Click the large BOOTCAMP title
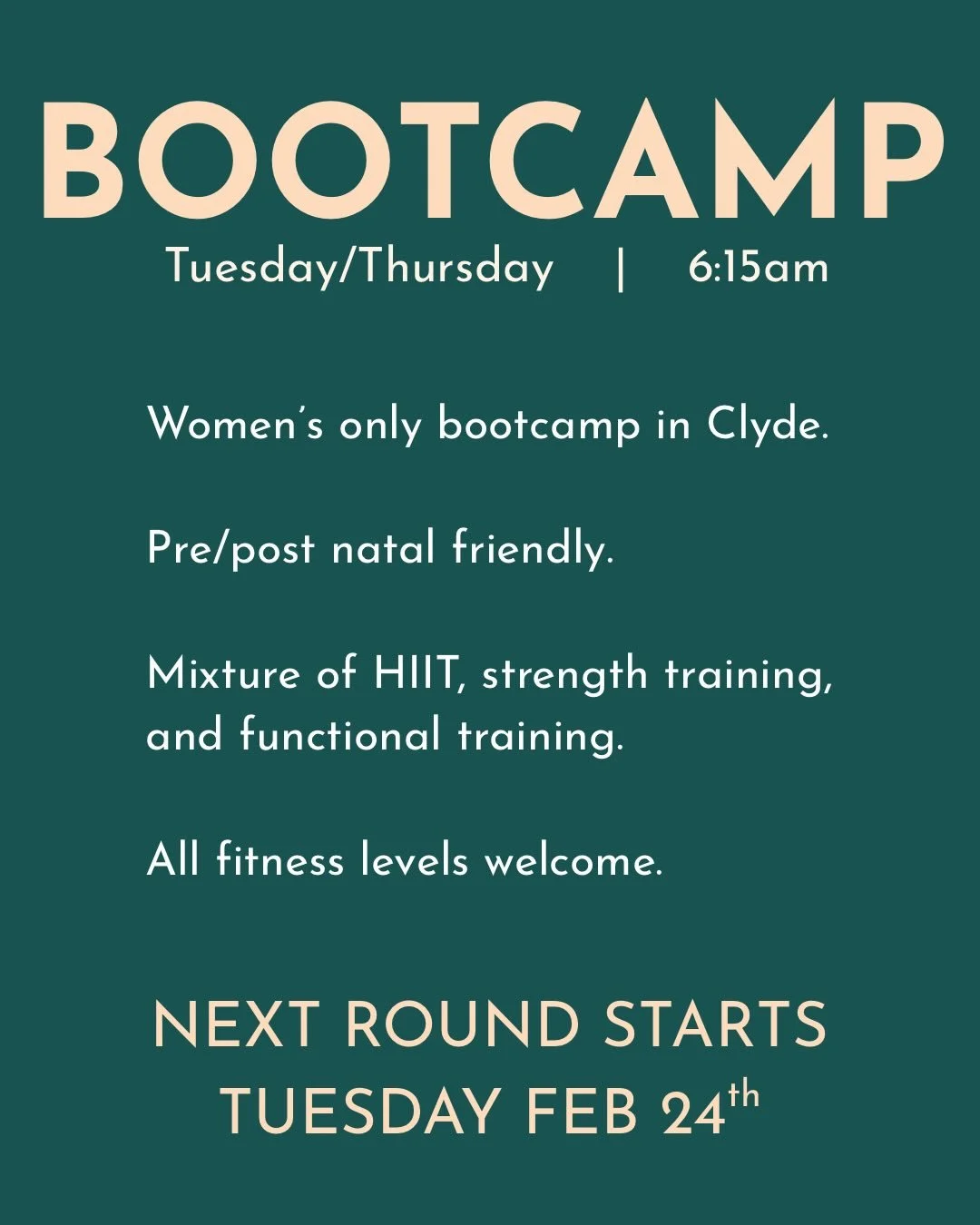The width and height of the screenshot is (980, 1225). pyautogui.click(x=490, y=161)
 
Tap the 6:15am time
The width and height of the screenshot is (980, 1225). pyautogui.click(x=758, y=268)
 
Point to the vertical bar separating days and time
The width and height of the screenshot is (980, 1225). pyautogui.click(x=621, y=269)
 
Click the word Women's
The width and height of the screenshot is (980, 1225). pyautogui.click(x=235, y=424)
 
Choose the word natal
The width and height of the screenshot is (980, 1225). pyautogui.click(x=383, y=549)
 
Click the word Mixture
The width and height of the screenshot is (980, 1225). pyautogui.click(x=223, y=674)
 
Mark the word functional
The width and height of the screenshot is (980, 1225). pyautogui.click(x=340, y=735)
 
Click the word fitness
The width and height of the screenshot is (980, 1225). pyautogui.click(x=280, y=860)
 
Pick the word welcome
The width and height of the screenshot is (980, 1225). pyautogui.click(x=573, y=860)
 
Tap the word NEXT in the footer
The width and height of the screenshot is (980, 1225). pyautogui.click(x=236, y=1025)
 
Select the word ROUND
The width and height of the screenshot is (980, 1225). pyautogui.click(x=462, y=1025)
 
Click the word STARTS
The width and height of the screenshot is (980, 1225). pyautogui.click(x=715, y=1025)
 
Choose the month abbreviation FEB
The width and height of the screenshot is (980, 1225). pyautogui.click(x=582, y=1112)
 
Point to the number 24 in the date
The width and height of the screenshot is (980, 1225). pyautogui.click(x=693, y=1113)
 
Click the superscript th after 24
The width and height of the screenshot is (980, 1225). pyautogui.click(x=743, y=1096)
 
